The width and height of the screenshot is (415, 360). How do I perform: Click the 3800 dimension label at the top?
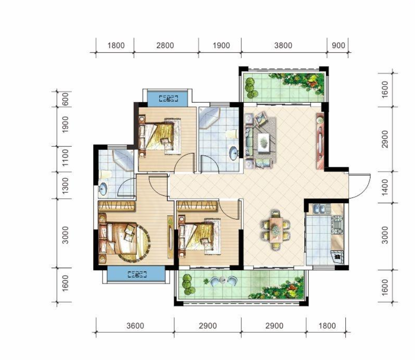pos(283,45)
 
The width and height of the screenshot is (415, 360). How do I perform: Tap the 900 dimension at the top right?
pos(338,45)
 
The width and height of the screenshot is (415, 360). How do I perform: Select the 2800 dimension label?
pos(165,45)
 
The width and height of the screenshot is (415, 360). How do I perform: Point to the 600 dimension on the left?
pos(65,99)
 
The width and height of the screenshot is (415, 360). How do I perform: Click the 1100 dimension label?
pos(65,158)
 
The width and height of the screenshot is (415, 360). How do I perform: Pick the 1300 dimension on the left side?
pos(65,185)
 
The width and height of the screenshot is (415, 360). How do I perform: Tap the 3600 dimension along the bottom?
pos(135,325)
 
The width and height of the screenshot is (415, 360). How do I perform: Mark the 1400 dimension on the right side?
pos(385,187)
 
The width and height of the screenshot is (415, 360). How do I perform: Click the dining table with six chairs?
pos(276,230)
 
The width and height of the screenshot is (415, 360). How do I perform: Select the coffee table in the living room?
pos(264,143)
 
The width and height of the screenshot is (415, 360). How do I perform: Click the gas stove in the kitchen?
pos(337,225)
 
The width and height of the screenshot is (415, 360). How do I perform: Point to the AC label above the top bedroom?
pos(168,99)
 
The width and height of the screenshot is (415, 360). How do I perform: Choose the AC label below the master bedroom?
pos(137,275)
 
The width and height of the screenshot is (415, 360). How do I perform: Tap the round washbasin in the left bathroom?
pos(103,188)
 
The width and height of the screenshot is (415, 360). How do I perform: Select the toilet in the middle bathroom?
pos(231,134)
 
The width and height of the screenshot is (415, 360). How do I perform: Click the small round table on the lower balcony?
pos(223,279)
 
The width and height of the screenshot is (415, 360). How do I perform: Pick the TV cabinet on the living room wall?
pos(320,141)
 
